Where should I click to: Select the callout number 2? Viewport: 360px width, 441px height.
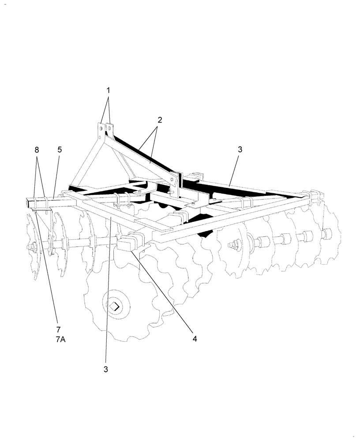click(x=160, y=120)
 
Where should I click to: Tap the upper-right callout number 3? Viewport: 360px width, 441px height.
click(x=240, y=149)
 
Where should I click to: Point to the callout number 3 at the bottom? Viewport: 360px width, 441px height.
click(x=106, y=369)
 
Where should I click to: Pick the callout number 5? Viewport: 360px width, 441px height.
click(x=60, y=149)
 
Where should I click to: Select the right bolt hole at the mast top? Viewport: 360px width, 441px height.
click(x=109, y=130)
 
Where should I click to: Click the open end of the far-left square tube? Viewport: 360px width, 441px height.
click(x=28, y=204)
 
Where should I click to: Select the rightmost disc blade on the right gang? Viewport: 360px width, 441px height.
click(x=331, y=234)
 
